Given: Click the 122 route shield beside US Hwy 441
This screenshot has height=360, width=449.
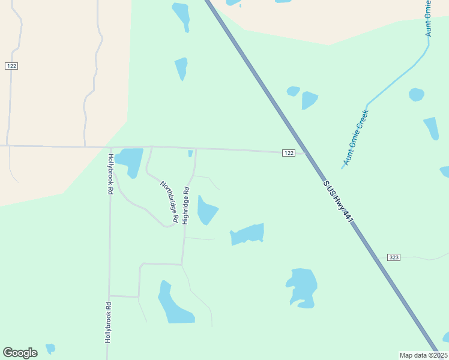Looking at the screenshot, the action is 289,153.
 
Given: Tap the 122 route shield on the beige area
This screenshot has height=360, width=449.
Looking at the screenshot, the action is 11,65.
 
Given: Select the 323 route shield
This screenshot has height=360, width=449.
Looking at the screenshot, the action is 394,257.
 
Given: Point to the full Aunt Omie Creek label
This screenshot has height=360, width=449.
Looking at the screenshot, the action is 355,137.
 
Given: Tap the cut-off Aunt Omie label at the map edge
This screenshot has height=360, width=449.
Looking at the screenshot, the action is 429,18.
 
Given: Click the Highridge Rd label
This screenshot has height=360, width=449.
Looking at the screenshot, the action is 186,206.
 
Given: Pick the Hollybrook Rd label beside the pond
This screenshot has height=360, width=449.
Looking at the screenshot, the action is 110,174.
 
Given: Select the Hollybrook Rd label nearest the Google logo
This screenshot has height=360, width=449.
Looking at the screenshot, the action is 109,322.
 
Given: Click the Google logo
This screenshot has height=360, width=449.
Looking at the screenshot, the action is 20,353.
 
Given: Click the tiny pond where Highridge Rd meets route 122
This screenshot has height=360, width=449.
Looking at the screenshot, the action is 191,154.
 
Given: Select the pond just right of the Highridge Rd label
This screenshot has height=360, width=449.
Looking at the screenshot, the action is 206,210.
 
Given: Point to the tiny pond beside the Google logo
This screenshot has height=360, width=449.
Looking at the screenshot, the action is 50,348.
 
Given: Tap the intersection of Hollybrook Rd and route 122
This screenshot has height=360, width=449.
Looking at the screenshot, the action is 110,147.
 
